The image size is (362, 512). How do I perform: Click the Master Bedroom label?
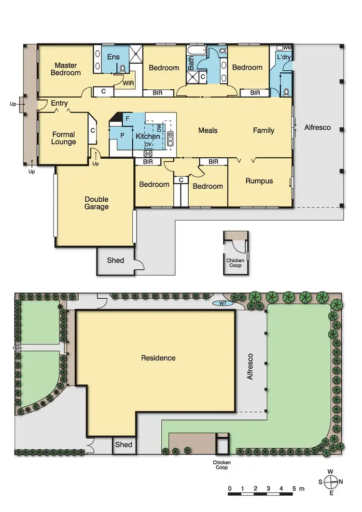pyautogui.click(x=66, y=69)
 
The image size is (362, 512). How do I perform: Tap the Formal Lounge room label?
pyautogui.click(x=64, y=138)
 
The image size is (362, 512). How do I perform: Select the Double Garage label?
pyautogui.click(x=97, y=203)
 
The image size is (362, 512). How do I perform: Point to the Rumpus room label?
pyautogui.click(x=259, y=181)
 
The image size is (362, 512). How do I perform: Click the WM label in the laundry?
pyautogui.click(x=287, y=48)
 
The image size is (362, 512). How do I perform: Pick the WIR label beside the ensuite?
pyautogui.click(x=128, y=83)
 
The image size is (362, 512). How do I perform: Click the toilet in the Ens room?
pyautogui.click(x=123, y=69)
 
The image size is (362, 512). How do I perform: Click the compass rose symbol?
pyautogui.click(x=331, y=482)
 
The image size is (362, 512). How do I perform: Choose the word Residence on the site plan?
pyautogui.click(x=158, y=358)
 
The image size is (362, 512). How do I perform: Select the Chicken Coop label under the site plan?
pyautogui.click(x=222, y=465)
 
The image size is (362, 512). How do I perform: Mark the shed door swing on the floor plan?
pyautogui.click(x=139, y=264)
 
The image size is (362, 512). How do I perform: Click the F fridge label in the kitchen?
pyautogui.click(x=127, y=118)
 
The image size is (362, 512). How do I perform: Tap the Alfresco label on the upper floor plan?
pyautogui.click(x=317, y=127)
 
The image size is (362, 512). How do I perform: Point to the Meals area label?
pyautogui.click(x=208, y=130)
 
